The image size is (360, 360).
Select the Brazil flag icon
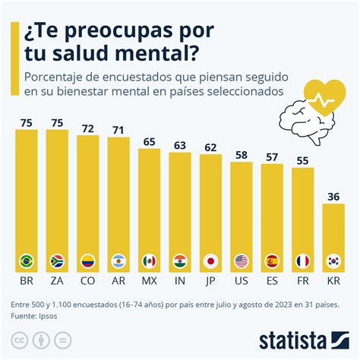[27, 262]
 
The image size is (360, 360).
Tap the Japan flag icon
[210, 262]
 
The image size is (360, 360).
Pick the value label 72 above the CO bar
[88, 128]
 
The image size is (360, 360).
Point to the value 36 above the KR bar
[333, 196]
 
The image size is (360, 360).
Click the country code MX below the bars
[150, 279]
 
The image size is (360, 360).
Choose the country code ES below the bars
[272, 279]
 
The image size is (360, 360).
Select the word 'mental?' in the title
[153, 55]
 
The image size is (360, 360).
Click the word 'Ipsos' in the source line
[51, 314]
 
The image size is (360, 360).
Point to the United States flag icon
[242, 262]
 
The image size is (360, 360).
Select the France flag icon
[303, 262]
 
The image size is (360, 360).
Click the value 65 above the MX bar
[150, 141]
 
